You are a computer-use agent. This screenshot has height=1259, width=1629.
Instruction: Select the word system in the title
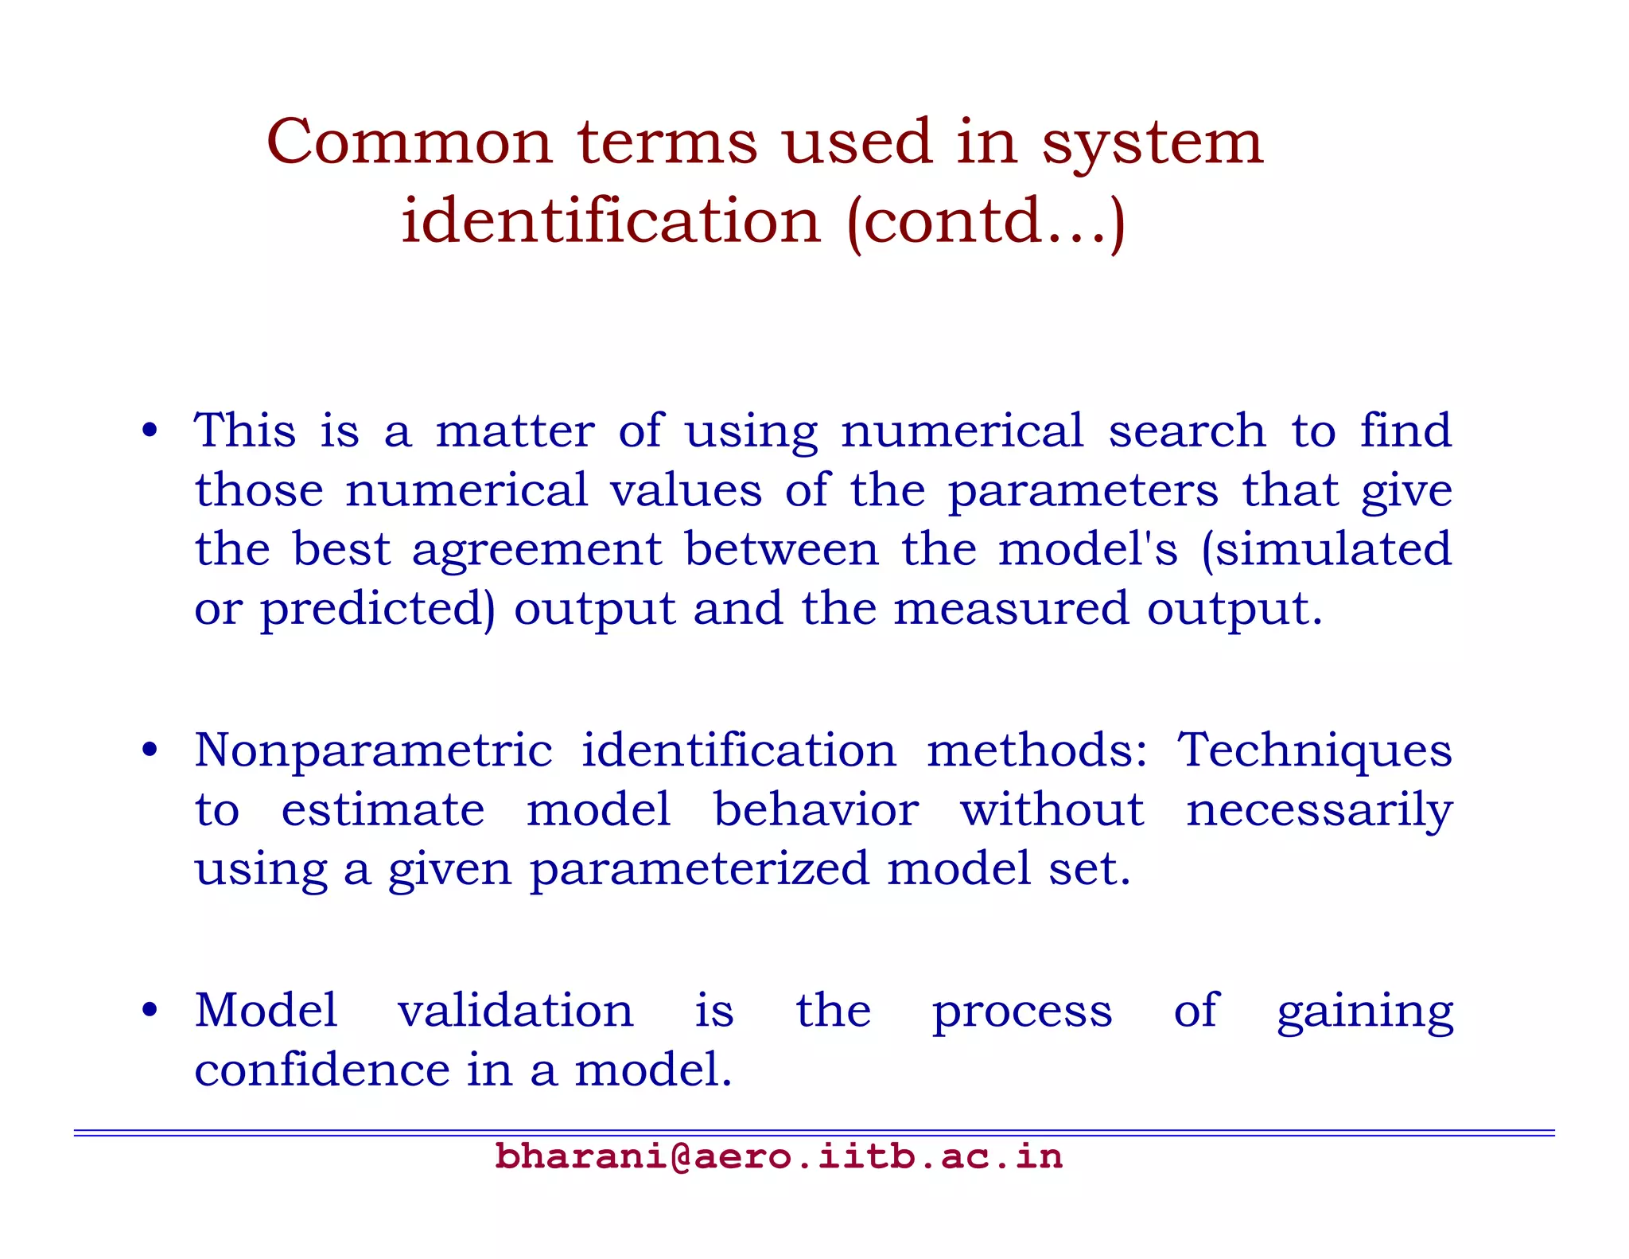click(1152, 143)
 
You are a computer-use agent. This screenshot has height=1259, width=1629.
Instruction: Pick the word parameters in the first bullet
click(1083, 490)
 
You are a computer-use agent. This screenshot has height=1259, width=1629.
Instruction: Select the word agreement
click(537, 551)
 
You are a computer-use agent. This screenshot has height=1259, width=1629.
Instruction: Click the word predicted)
click(378, 610)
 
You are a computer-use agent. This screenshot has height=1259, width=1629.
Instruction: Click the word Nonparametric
click(373, 750)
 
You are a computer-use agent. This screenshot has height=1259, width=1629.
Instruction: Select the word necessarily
click(1319, 811)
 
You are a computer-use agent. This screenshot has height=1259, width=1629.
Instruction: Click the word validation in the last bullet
click(515, 1011)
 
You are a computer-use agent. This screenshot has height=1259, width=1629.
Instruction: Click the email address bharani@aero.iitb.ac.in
click(779, 1156)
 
